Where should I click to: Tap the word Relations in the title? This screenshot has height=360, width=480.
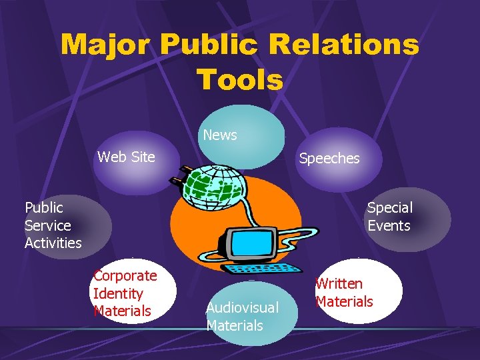[356, 45]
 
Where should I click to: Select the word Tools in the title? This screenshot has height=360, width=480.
[240, 80]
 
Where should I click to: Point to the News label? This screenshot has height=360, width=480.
[220, 135]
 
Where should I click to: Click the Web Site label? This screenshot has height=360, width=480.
[126, 157]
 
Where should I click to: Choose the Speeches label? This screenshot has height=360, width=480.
[329, 159]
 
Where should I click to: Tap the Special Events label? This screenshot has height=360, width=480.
[389, 217]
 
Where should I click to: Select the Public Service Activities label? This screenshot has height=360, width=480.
[53, 225]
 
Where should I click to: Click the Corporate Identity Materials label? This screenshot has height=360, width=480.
[125, 293]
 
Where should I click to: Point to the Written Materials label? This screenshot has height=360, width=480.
[344, 293]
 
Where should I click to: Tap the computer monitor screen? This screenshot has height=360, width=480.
[252, 243]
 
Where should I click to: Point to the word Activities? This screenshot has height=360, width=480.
[53, 243]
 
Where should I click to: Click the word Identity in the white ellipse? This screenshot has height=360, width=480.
[118, 293]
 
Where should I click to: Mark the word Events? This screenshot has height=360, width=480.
[389, 225]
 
